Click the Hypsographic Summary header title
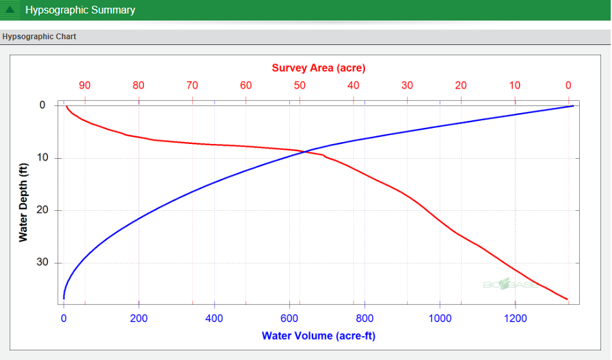tap(80, 10)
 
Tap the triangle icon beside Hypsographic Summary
tap(10, 10)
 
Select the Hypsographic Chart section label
tap(39, 37)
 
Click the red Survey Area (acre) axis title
tap(318, 68)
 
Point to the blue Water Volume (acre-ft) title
tap(318, 336)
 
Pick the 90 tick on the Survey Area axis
tap(85, 85)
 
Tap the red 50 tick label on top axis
tap(300, 85)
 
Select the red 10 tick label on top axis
tap(515, 85)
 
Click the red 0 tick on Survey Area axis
tap(568, 85)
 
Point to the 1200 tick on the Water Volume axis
tap(515, 318)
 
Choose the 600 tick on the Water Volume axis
tap(289, 318)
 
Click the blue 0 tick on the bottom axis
tap(64, 318)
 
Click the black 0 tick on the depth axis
tap(42, 105)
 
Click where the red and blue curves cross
tap(306, 152)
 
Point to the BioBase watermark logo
tap(510, 283)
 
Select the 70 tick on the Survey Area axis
tap(192, 85)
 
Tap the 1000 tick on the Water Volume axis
tap(440, 318)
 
